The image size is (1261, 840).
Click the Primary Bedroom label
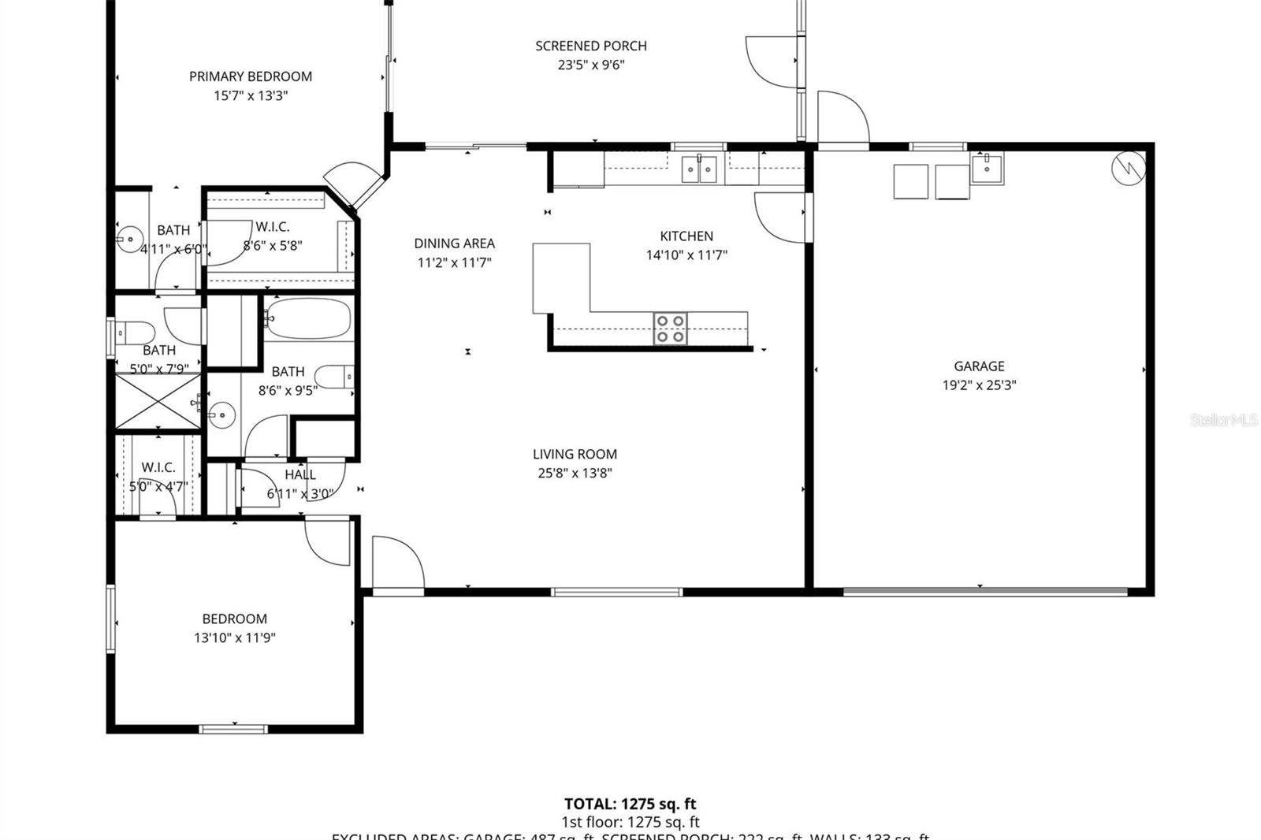point(251,76)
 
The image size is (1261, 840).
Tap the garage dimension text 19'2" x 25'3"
point(979,385)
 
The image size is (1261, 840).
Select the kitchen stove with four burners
point(671,329)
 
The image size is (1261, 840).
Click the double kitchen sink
point(699,169)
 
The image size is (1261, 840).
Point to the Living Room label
point(575,454)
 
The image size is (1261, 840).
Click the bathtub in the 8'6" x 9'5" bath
point(307,318)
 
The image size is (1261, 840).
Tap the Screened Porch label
point(591,46)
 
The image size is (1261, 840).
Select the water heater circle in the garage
point(1128,168)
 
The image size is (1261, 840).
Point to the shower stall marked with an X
point(158,402)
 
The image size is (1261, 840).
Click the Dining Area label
point(455,243)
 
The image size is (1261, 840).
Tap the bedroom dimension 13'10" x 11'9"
point(235,637)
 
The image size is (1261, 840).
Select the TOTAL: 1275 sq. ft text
point(630,804)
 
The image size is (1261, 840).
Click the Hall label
point(300,474)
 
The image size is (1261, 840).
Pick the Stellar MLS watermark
point(1222,420)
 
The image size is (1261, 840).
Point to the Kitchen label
point(686,236)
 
